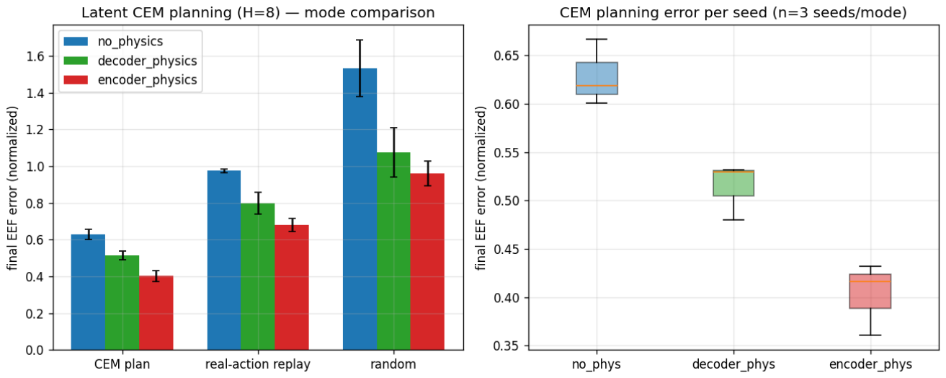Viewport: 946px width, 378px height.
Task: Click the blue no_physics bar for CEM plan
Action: [x=88, y=292]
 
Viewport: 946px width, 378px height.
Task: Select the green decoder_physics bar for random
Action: [x=393, y=251]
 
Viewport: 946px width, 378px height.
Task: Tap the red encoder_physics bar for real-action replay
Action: [x=292, y=288]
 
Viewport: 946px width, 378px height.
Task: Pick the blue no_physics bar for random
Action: [x=360, y=209]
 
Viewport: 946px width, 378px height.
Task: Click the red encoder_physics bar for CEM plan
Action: [x=156, y=313]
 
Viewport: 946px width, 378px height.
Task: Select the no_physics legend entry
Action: [x=113, y=41]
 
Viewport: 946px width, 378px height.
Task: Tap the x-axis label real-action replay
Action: [x=258, y=364]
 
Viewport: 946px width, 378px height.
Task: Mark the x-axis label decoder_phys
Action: [x=733, y=364]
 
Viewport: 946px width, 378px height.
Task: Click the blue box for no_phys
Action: [x=597, y=78]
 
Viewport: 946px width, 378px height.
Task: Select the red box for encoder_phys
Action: [x=870, y=291]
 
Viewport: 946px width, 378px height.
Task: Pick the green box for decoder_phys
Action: [x=733, y=183]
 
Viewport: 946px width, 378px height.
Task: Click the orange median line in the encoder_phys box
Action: [x=870, y=281]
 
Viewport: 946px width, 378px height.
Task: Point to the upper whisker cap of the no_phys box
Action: [x=597, y=40]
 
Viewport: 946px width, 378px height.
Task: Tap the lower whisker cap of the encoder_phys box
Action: [x=870, y=335]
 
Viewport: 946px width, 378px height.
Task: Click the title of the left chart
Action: [x=258, y=12]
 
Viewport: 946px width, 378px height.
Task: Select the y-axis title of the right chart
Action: [x=480, y=188]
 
